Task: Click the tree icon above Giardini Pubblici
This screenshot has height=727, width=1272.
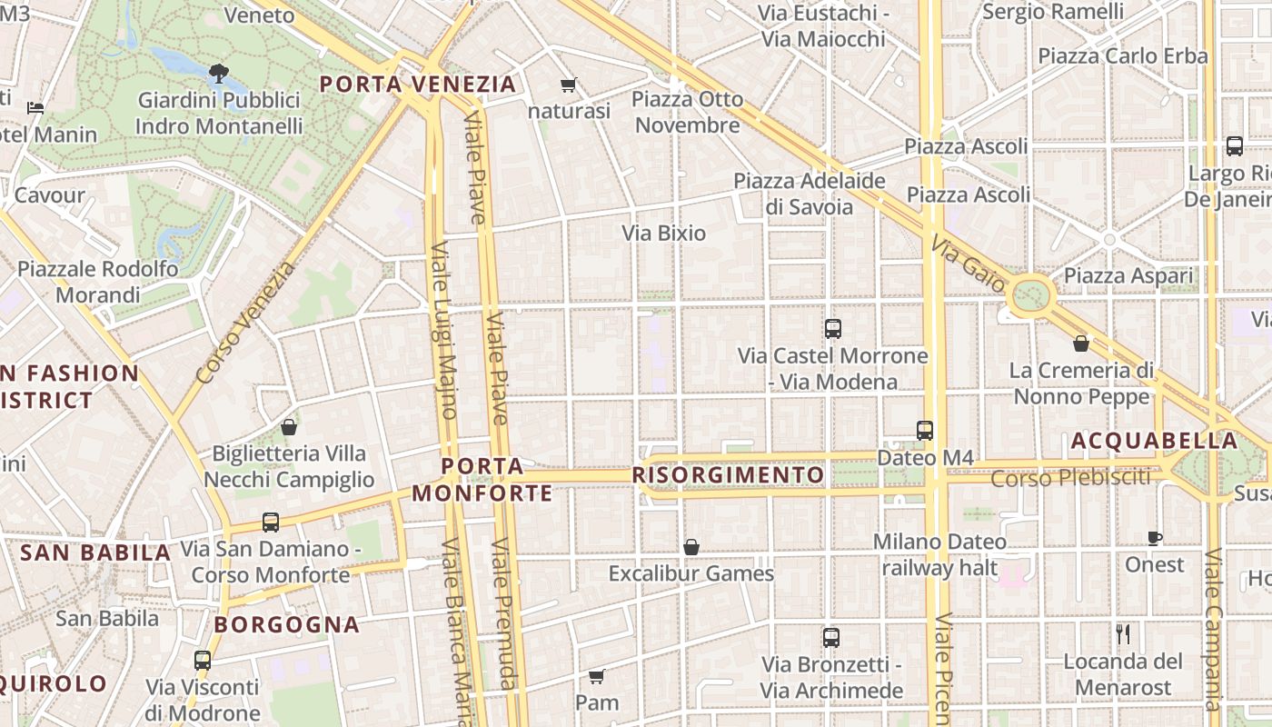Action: tap(218, 72)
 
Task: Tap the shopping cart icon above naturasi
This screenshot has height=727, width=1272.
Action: tap(569, 85)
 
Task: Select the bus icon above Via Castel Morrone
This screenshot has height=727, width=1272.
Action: tap(832, 329)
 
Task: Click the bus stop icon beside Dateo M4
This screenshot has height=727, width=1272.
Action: tap(925, 431)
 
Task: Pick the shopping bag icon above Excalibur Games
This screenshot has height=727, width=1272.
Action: tap(691, 547)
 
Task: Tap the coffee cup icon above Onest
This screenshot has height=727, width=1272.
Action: tap(1155, 538)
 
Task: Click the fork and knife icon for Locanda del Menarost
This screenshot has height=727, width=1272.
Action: tap(1123, 634)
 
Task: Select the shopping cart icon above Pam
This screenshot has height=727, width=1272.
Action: tap(597, 677)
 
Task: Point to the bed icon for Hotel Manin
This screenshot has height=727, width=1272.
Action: tap(35, 107)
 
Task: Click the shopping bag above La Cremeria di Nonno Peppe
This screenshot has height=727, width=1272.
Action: tap(1081, 344)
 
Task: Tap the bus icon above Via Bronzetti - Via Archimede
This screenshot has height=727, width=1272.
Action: tap(830, 638)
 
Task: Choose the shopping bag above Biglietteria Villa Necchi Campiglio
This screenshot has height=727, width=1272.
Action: tap(289, 426)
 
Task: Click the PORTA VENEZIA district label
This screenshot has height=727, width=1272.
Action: tap(418, 85)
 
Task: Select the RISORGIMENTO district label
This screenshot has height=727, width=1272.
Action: tap(728, 475)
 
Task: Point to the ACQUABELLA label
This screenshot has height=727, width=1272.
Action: tap(1153, 442)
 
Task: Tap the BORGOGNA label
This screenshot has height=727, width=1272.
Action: tap(287, 625)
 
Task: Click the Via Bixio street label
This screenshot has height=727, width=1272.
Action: tap(663, 233)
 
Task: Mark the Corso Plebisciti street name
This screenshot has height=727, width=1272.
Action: tap(1070, 477)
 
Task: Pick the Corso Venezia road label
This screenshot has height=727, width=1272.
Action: tap(245, 323)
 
